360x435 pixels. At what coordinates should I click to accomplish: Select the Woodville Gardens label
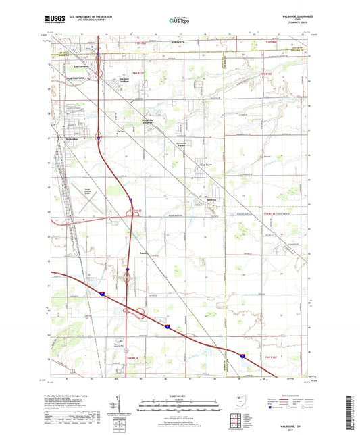point(151,121)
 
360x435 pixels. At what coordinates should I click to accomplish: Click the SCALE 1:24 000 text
point(180,399)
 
